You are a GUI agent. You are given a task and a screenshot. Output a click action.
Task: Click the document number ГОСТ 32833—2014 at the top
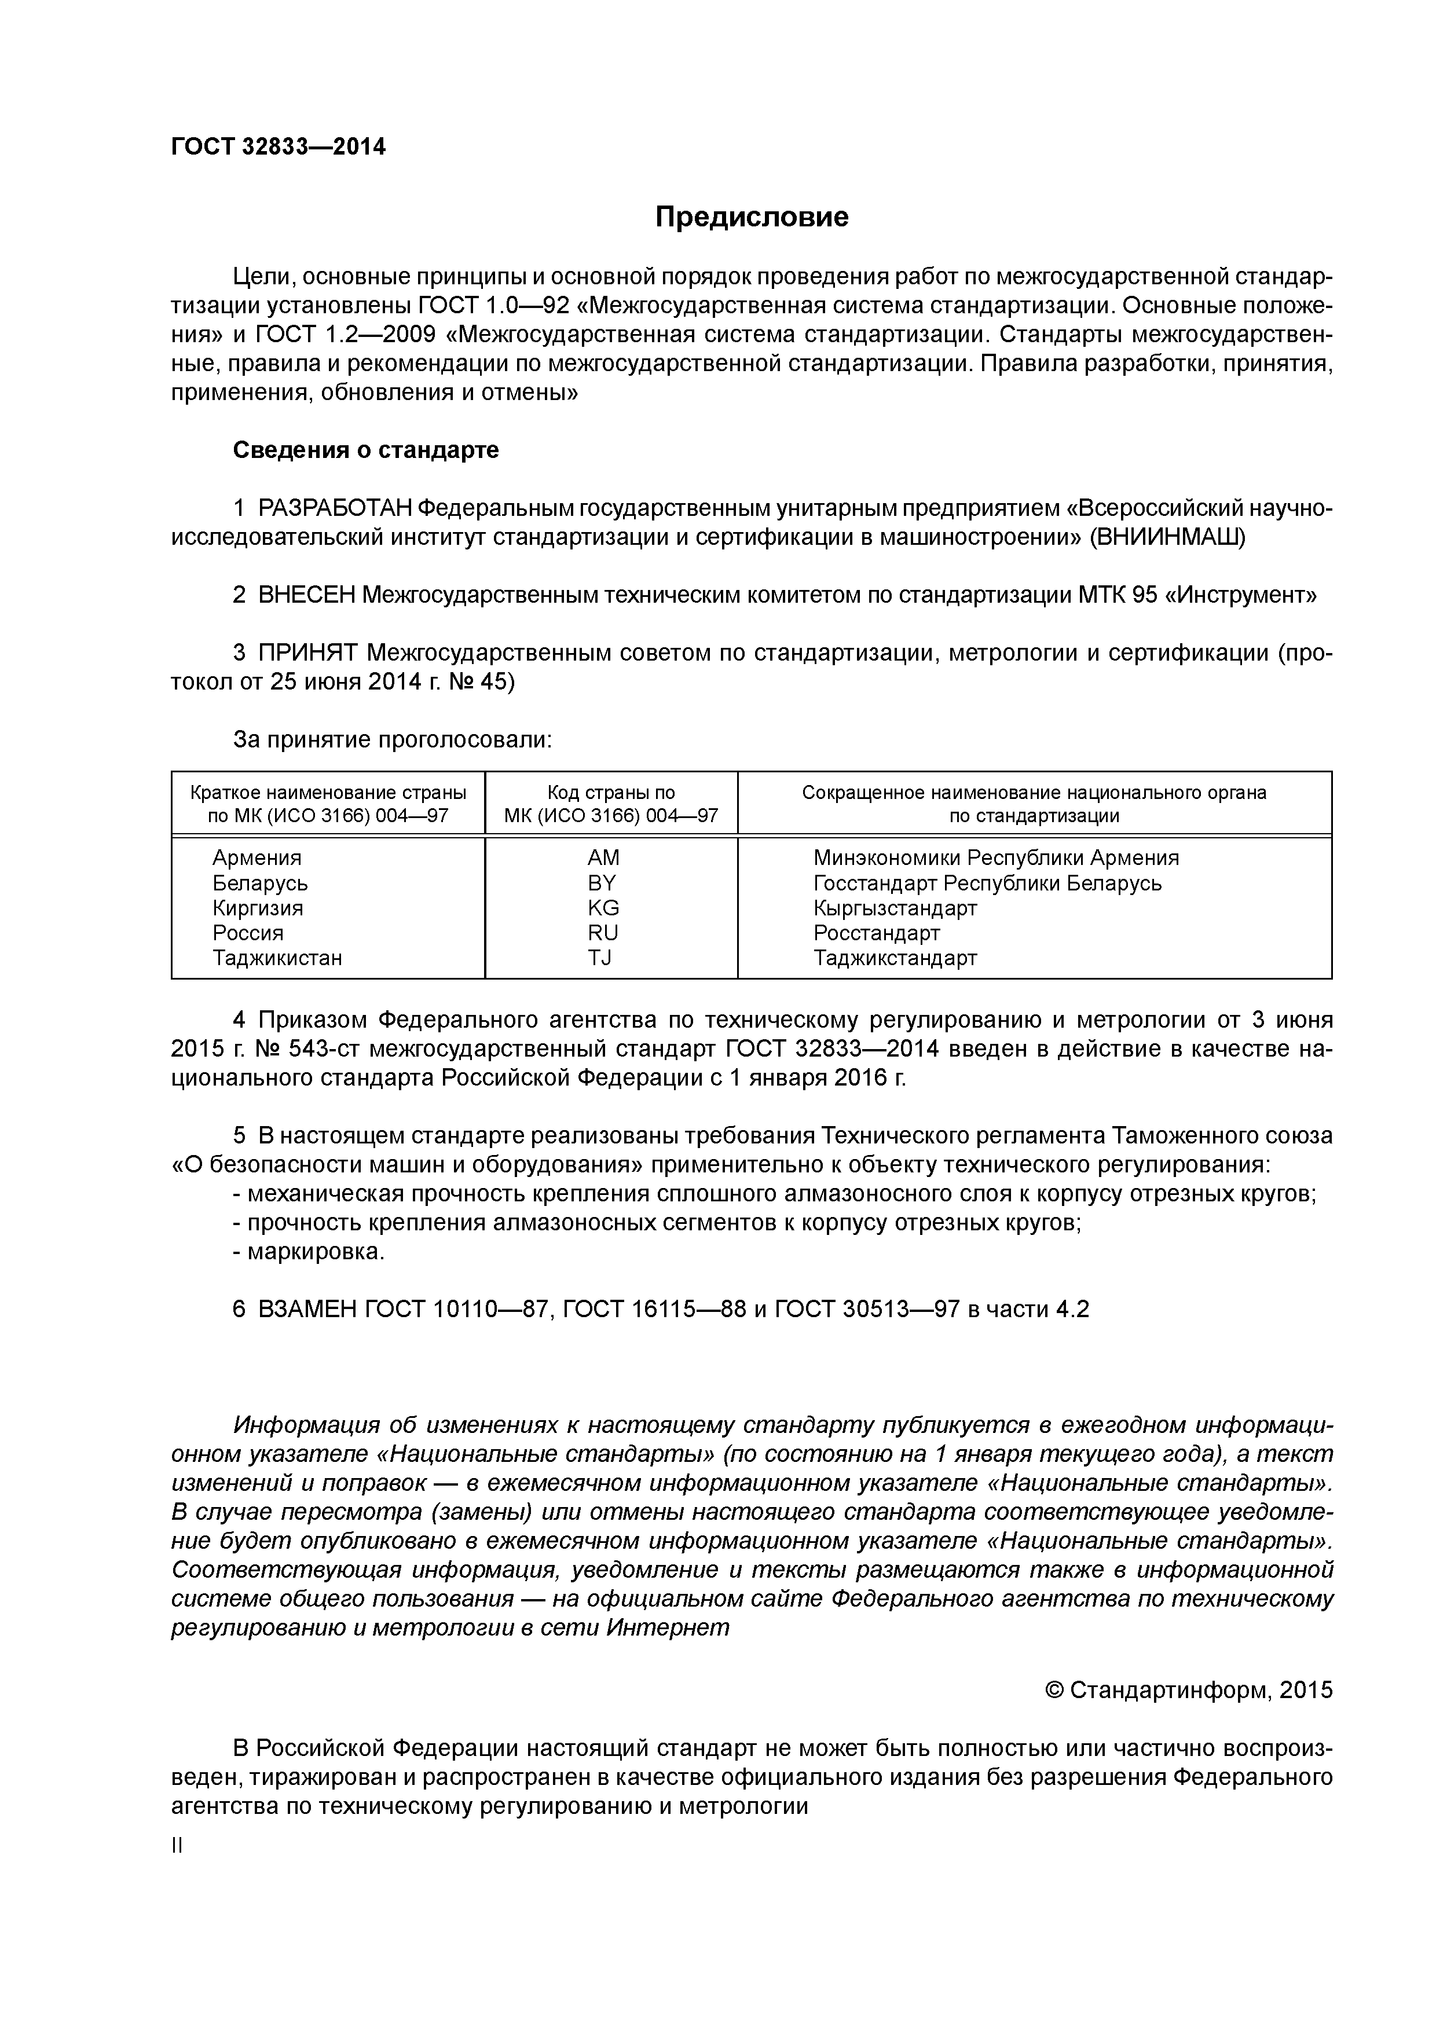click(278, 147)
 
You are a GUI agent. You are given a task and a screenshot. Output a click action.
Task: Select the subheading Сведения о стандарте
click(365, 450)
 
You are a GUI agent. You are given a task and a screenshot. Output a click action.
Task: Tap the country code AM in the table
click(603, 858)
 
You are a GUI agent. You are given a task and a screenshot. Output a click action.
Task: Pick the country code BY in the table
click(602, 883)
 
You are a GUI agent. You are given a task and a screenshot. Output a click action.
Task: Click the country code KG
click(603, 908)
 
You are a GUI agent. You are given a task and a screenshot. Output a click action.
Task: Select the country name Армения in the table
click(257, 858)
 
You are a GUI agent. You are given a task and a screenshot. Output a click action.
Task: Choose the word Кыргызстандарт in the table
click(895, 908)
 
